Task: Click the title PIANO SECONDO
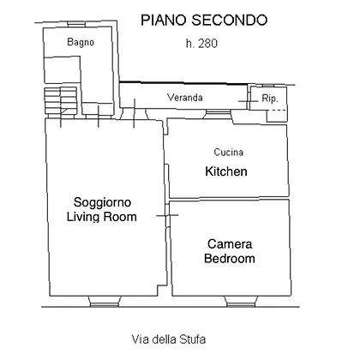point(204,21)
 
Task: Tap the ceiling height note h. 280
point(201,44)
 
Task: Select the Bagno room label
point(81,42)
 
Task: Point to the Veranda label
point(185,98)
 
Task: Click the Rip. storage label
point(270,99)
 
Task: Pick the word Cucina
point(229,152)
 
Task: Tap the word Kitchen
point(226,171)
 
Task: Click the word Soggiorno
point(102,202)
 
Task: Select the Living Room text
point(102,217)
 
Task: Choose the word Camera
point(230,244)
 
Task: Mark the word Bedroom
point(230,258)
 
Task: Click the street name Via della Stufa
point(169,339)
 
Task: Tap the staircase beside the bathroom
point(60,101)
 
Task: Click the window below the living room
point(105,302)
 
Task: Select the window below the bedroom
point(241,302)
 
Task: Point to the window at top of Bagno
point(76,24)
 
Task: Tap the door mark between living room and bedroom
point(168,215)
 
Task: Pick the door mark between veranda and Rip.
point(248,101)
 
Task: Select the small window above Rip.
point(267,86)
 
